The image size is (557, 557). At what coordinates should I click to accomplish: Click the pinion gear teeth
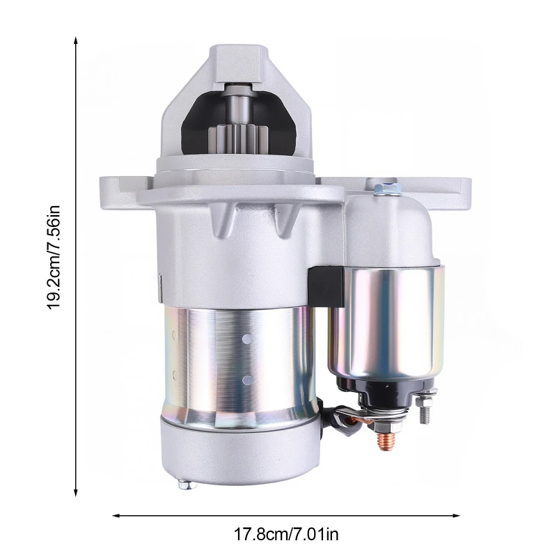(237, 139)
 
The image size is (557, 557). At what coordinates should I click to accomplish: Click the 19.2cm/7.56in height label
(54, 258)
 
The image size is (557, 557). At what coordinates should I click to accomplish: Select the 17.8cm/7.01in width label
(286, 534)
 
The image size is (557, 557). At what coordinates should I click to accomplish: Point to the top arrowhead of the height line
(76, 40)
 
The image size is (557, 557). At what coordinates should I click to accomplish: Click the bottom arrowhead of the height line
(76, 492)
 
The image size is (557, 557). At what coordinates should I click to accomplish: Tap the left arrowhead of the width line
(116, 515)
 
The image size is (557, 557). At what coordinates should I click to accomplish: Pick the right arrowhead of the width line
(456, 515)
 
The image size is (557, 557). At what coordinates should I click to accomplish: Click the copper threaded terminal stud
(386, 440)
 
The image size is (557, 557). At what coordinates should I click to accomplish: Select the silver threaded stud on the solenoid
(424, 409)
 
